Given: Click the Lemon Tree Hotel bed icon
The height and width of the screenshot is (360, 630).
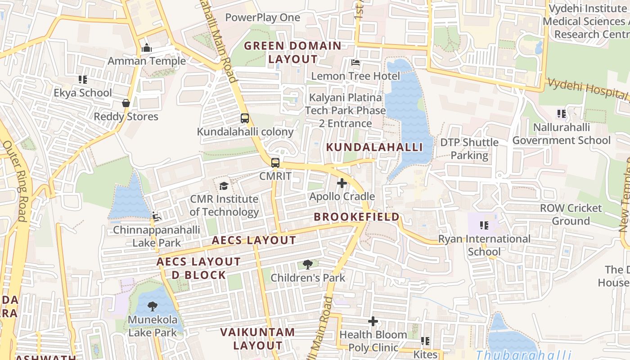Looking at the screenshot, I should click(355, 63).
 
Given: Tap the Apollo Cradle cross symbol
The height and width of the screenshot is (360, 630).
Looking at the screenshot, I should click(342, 183).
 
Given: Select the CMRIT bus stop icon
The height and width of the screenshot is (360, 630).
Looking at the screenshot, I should click(275, 163).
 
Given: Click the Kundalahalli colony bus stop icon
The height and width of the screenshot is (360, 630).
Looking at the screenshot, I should click(245, 119).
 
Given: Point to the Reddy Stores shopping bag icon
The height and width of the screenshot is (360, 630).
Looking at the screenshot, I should click(126, 103).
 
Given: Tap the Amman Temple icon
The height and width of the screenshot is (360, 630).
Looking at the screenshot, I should click(147, 48).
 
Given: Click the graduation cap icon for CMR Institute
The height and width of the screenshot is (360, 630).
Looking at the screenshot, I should click(224, 186).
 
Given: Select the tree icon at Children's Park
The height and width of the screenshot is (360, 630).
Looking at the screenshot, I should click(308, 265).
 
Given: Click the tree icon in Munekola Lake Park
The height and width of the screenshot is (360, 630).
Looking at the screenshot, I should click(153, 306).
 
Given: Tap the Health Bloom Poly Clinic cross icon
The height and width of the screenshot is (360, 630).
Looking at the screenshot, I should click(373, 321).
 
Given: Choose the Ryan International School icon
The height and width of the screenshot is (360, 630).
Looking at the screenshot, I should click(484, 225).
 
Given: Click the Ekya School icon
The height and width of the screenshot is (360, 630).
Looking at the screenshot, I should click(83, 80).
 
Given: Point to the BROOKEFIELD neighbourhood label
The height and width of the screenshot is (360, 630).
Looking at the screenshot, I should click(356, 217).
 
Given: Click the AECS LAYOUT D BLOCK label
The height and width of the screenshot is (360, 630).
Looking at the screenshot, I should click(198, 268).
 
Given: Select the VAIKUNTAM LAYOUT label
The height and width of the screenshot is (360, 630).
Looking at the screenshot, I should click(258, 339).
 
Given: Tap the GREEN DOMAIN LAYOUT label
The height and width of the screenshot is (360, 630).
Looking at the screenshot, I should click(293, 52).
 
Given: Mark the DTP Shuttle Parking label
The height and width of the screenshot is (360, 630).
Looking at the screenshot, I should click(469, 149).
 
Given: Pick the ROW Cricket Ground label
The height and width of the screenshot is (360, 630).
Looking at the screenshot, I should click(571, 214).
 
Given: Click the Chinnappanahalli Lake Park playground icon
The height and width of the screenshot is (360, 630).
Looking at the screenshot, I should click(157, 217).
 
